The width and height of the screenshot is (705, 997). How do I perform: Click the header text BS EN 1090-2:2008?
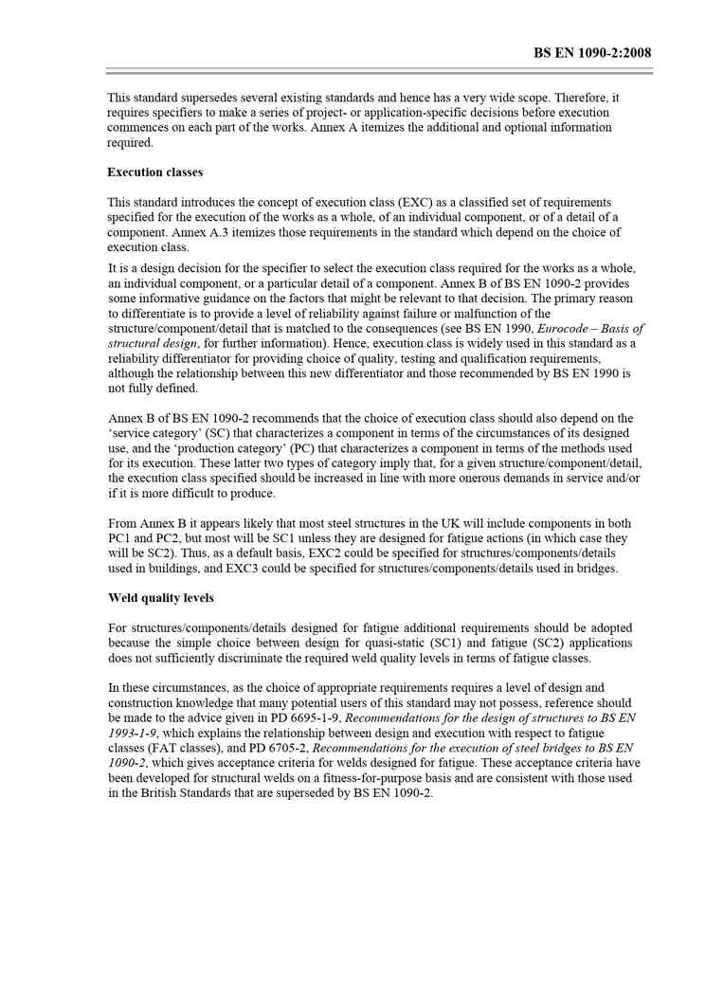point(592,53)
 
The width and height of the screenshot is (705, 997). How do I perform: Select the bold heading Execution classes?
point(154,172)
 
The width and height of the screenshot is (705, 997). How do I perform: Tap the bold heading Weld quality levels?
point(160,598)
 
